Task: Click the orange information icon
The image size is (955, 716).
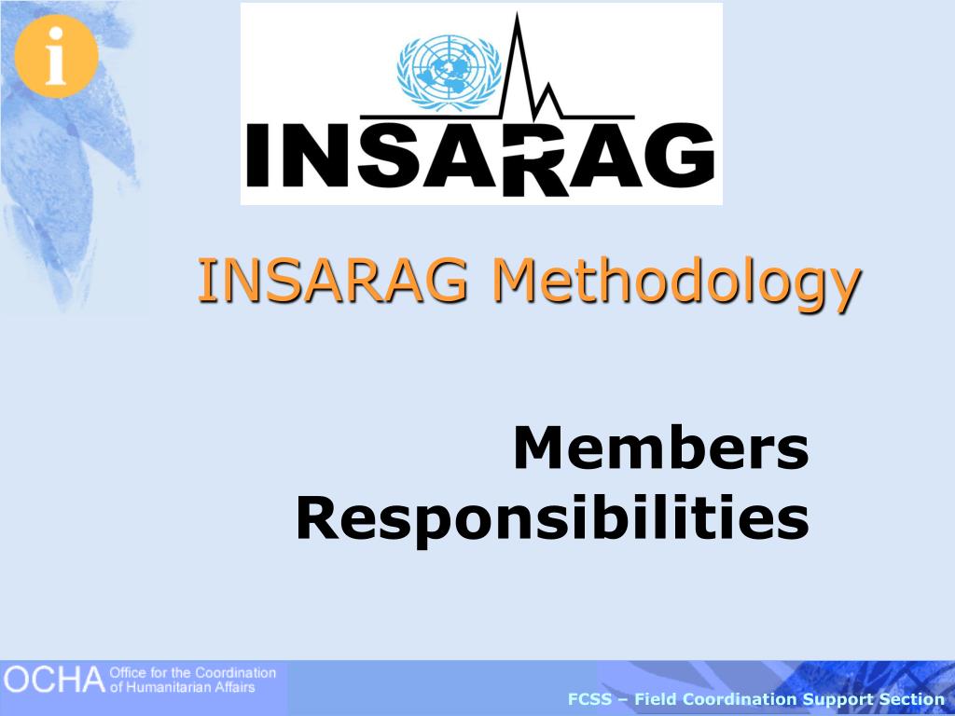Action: [56, 56]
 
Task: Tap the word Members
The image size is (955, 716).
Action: [660, 449]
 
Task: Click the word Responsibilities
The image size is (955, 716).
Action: [552, 519]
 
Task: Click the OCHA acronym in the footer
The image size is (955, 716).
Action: [52, 681]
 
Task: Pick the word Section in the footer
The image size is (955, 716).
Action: [914, 699]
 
